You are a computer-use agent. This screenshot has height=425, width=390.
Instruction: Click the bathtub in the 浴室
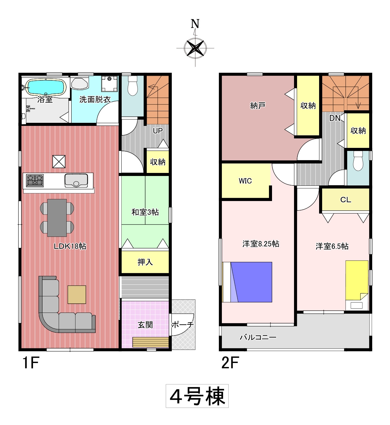click(x=46, y=87)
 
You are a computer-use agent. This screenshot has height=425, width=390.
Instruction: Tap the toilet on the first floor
click(x=133, y=86)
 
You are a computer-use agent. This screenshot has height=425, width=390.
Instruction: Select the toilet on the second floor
click(x=358, y=161)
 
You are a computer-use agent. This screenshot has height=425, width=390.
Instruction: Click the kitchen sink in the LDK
click(x=76, y=181)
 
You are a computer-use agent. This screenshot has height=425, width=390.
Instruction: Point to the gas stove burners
click(x=35, y=181)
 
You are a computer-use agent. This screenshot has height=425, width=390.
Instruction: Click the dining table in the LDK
click(x=57, y=218)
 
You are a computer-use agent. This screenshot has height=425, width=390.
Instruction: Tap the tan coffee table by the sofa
click(x=77, y=295)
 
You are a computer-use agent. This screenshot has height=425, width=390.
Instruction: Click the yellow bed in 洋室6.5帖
click(x=357, y=280)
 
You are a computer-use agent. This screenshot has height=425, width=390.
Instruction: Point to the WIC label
click(x=245, y=181)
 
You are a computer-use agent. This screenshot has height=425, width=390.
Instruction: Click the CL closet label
click(x=346, y=200)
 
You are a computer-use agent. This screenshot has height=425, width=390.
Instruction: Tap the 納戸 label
click(x=258, y=105)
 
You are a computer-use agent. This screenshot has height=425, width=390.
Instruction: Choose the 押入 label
click(x=145, y=262)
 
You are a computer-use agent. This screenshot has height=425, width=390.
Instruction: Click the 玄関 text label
click(x=145, y=325)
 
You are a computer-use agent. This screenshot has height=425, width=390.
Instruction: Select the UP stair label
click(x=158, y=131)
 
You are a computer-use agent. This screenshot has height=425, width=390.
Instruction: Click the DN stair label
click(x=335, y=118)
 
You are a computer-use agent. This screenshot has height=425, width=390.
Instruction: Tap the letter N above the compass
click(x=195, y=24)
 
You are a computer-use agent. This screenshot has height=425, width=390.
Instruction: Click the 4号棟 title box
click(x=197, y=396)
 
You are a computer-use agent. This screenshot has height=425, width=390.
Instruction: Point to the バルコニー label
click(x=258, y=337)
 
